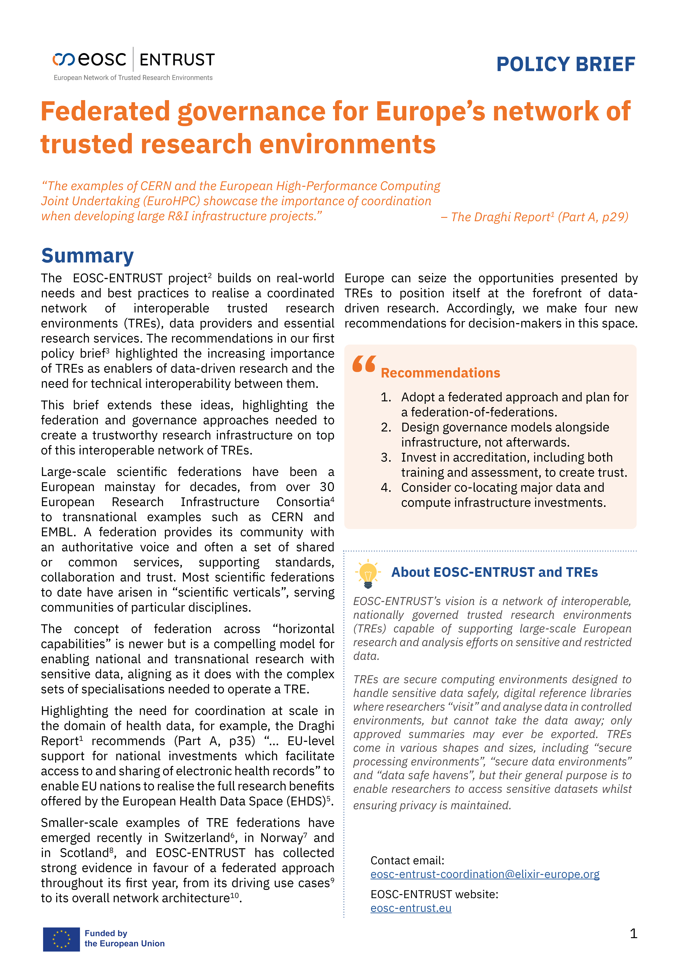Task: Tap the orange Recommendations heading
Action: [x=440, y=373]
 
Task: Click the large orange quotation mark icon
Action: [x=364, y=364]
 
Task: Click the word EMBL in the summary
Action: [x=59, y=532]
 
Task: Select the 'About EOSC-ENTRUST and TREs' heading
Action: [x=495, y=572]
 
